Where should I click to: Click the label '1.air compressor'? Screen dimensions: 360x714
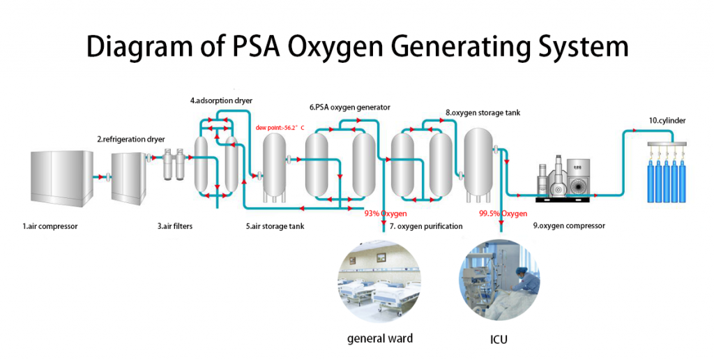[x=50, y=226]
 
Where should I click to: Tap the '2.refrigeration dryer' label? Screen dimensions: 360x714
[x=132, y=139]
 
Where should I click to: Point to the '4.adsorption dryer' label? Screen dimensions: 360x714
[x=221, y=100]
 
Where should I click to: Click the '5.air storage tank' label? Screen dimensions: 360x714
[x=274, y=226]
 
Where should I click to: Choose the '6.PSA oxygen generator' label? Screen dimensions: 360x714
[x=349, y=107]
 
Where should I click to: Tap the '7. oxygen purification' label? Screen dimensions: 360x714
[x=426, y=226]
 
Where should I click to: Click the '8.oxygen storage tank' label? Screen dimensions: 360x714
[x=483, y=112]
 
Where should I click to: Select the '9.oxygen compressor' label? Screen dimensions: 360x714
[x=569, y=226]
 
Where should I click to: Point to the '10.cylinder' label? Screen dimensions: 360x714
[x=667, y=121]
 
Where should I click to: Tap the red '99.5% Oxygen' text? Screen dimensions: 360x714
[x=503, y=213]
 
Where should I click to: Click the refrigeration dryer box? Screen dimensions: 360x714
[x=130, y=177]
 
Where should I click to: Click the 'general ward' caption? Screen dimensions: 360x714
[x=380, y=339]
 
